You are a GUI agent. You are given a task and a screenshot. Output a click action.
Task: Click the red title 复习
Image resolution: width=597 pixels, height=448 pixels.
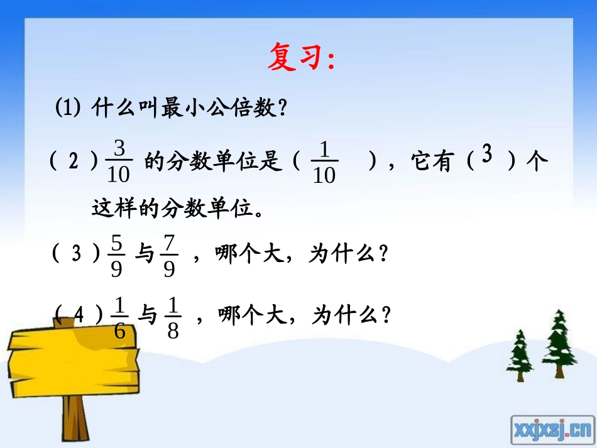pos(300,57)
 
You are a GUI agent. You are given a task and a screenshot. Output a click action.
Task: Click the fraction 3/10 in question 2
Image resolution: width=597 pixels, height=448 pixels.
pos(120,162)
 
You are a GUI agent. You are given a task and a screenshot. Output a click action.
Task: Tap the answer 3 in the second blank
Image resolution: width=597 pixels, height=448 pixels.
pos(486,155)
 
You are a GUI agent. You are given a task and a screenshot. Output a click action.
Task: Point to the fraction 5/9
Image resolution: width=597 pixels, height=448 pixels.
pos(117,254)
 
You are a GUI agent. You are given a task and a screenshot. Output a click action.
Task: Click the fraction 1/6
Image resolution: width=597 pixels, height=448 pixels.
pos(120,317)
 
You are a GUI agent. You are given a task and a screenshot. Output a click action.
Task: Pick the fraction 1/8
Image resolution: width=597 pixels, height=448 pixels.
pos(173,317)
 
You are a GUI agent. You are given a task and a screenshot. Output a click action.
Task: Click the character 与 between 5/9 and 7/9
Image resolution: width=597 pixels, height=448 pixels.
pos(144,254)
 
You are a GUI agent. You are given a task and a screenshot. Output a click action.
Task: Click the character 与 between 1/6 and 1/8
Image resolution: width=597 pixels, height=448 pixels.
pos(146,315)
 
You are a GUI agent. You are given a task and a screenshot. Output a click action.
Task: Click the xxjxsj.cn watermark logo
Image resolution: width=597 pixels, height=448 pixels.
pos(551,429)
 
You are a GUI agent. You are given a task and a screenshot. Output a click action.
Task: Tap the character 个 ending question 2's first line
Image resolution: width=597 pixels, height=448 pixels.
pos(537,161)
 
